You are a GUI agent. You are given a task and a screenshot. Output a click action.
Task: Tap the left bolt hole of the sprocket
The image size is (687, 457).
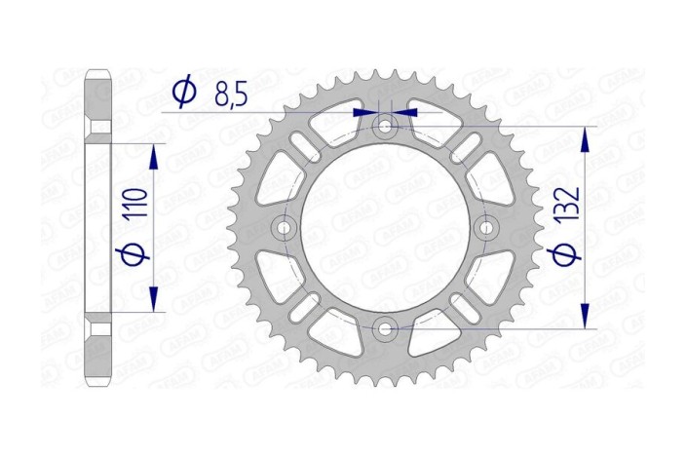tap(285, 227)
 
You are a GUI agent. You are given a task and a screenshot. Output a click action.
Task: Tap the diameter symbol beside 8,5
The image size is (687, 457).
tap(183, 93)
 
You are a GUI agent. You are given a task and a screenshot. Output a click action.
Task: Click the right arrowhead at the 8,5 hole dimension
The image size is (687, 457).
tap(406, 113)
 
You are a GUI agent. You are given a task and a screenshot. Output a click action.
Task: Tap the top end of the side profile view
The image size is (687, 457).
tap(98, 71)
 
